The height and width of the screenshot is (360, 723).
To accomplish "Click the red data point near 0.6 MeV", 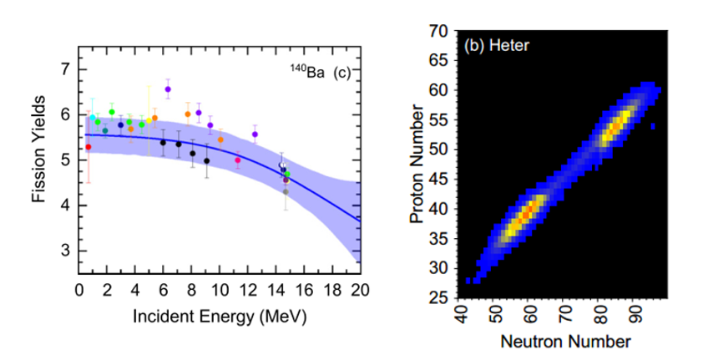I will pos(88,147).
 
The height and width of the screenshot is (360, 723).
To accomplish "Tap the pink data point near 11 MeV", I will pos(238,160).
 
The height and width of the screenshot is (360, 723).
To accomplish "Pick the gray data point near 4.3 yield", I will pos(286,191).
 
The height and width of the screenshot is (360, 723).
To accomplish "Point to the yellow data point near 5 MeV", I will pos(149,120).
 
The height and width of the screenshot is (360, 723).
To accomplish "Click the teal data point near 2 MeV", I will pos(105,130).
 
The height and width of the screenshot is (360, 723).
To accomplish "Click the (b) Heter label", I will pos(498,44).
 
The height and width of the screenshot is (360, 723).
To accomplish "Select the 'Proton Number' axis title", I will pos(416,164).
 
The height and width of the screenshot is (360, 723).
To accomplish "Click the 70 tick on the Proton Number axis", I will pos(439,31).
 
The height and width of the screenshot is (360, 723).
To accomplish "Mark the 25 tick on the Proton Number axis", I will pos(439,297).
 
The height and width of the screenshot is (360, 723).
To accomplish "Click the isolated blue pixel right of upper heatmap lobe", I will pos(652,127).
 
